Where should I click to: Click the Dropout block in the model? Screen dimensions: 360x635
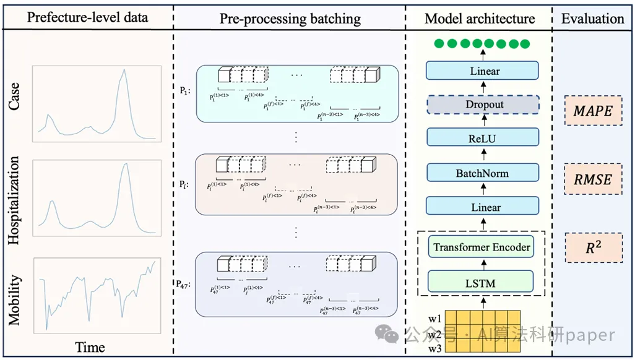pyautogui.click(x=485, y=105)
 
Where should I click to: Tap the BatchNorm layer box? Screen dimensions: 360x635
pyautogui.click(x=482, y=173)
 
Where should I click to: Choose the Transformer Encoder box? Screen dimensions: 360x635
pyautogui.click(x=482, y=247)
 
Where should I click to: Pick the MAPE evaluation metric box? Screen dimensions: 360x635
pyautogui.click(x=593, y=110)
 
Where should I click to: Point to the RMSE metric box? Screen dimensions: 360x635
pyautogui.click(x=593, y=180)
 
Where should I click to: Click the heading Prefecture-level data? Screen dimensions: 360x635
pyautogui.click(x=87, y=17)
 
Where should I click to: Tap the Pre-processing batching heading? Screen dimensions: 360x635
pyautogui.click(x=290, y=19)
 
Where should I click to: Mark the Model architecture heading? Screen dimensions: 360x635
pyautogui.click(x=480, y=19)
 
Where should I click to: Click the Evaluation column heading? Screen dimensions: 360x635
pyautogui.click(x=593, y=19)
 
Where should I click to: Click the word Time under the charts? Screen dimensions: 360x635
pyautogui.click(x=90, y=347)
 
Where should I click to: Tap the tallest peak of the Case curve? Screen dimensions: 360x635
pyautogui.click(x=124, y=70)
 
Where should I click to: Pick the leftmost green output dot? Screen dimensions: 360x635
pyautogui.click(x=439, y=44)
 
